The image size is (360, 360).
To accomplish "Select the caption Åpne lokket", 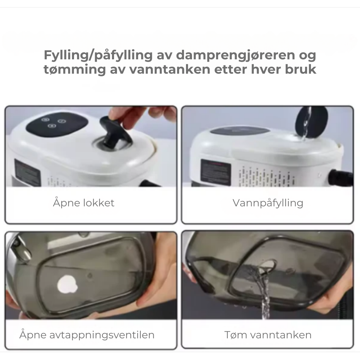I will point(84,203).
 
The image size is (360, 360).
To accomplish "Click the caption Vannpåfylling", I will point(268,203).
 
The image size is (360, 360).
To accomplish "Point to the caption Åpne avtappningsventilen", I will point(87,335).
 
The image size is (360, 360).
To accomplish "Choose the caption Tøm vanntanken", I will point(268,335).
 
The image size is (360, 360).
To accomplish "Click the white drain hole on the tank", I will point(67,284).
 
